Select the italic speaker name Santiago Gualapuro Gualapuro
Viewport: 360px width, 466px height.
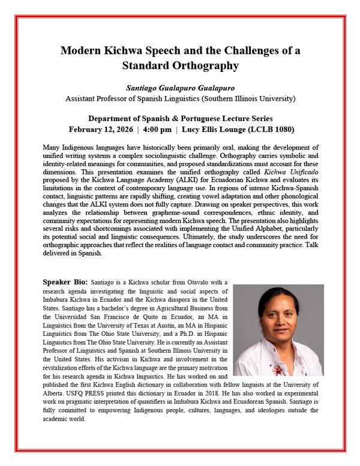tap(179, 87)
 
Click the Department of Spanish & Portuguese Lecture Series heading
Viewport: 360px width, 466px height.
tap(179, 118)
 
